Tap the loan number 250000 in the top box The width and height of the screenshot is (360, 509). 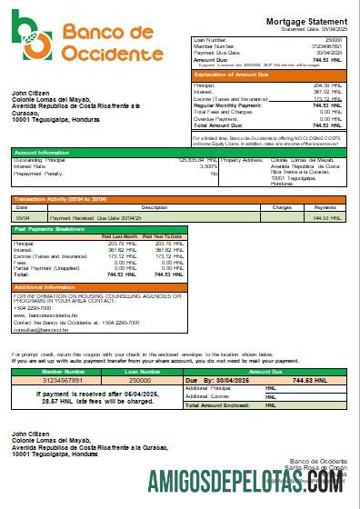coord(334,40)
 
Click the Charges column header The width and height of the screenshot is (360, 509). coord(281,207)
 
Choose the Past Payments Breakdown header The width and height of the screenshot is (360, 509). coord(50,230)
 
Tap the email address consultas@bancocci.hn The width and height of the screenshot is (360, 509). coord(41,328)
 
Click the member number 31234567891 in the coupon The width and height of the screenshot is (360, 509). coord(50,379)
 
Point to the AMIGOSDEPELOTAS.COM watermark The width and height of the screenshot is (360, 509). coord(265,481)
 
